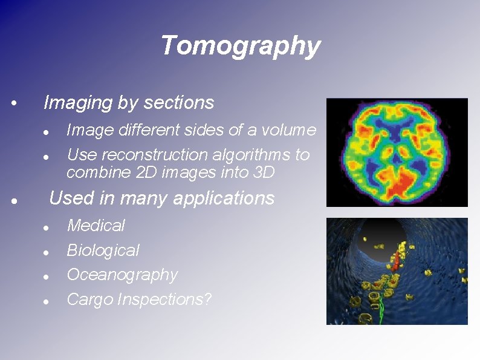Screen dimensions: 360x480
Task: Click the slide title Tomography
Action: click(x=240, y=45)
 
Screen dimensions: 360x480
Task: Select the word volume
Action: click(x=294, y=130)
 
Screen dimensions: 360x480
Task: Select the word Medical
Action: click(x=96, y=226)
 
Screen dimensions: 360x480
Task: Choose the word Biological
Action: click(x=103, y=250)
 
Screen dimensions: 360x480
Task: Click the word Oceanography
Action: click(x=122, y=275)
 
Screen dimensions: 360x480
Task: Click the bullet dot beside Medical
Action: click(x=46, y=227)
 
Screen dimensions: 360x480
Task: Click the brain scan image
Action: click(x=397, y=152)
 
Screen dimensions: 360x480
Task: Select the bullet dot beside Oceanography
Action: click(x=46, y=277)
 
